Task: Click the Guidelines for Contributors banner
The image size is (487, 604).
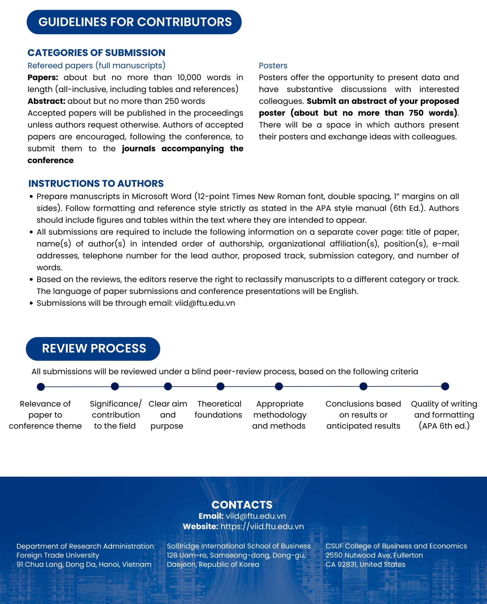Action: pos(134,22)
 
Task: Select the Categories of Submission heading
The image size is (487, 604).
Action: pos(96,53)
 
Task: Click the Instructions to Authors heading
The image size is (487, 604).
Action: pos(96,183)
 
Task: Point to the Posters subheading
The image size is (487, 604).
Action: pos(273,66)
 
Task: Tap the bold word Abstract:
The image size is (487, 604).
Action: pos(46,101)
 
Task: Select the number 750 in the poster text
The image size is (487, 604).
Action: pos(416,113)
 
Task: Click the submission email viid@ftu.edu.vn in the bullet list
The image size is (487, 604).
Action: pos(205,303)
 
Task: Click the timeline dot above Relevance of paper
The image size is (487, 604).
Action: pos(41,387)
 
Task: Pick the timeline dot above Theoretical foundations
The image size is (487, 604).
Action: pos(220,387)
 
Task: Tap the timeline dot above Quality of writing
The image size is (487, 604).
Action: pos(445,387)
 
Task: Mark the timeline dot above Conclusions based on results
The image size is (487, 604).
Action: pos(363,387)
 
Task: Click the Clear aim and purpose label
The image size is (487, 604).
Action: pos(167,415)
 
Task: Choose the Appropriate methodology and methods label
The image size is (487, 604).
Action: pos(280,415)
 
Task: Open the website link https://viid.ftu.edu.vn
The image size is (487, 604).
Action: pos(262,526)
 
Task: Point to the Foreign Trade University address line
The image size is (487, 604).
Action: pos(58,555)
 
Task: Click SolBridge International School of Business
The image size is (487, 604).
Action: pos(238,546)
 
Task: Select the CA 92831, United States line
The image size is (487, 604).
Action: pos(365,564)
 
